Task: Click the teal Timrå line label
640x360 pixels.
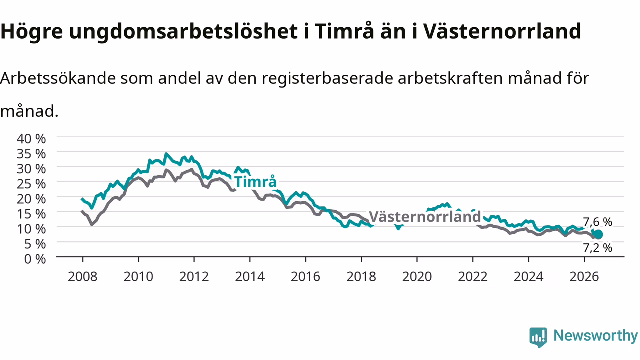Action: click(x=255, y=182)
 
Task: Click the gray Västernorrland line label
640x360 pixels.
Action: click(x=425, y=217)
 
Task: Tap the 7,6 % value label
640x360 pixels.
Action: click(x=597, y=222)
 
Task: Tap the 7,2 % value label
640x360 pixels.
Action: click(x=597, y=248)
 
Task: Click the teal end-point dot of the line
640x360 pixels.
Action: click(x=598, y=234)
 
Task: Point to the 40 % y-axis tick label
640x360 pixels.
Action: click(x=31, y=139)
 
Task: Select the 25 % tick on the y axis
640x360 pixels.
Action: click(x=31, y=184)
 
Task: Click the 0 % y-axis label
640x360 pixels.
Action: click(x=35, y=259)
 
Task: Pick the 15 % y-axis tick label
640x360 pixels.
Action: click(x=31, y=214)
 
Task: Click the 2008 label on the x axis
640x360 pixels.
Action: click(x=83, y=277)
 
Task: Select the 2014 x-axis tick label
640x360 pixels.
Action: click(x=250, y=277)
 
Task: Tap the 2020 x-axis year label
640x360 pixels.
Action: click(x=417, y=277)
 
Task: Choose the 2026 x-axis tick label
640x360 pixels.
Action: click(x=584, y=277)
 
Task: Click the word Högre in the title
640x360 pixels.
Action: click(x=31, y=31)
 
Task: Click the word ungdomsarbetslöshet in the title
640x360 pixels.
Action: click(x=183, y=31)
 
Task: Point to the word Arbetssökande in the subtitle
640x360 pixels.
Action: click(x=58, y=78)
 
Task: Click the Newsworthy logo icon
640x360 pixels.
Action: click(x=538, y=337)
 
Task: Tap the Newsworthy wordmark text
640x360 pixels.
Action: click(x=596, y=336)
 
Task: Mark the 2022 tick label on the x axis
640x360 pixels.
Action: click(x=473, y=277)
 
